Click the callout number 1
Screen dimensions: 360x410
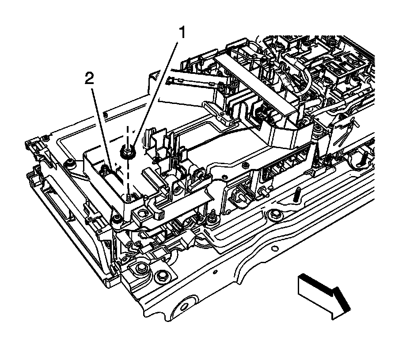pyautogui.click(x=182, y=33)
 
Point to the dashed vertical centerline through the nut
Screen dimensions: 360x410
pyautogui.click(x=129, y=175)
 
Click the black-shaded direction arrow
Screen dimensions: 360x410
pyautogui.click(x=325, y=294)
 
